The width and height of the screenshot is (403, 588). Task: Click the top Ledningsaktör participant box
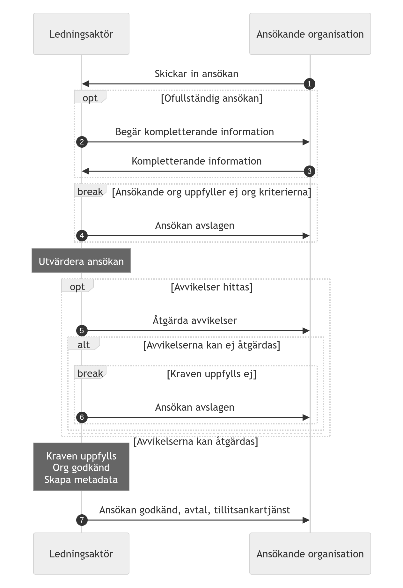81,34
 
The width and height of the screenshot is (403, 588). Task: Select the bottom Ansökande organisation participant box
310,554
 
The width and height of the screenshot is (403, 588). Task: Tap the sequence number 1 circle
310,84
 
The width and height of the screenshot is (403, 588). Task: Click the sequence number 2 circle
82,142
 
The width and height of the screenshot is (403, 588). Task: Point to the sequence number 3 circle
310,171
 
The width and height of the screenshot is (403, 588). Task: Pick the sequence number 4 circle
82,236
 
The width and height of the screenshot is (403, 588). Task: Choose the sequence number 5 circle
82,331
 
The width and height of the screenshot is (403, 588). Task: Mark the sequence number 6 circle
82,417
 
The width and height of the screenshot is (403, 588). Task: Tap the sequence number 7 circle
82,520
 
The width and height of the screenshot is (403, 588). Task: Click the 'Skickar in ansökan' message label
196,74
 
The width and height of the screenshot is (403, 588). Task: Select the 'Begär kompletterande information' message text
194,132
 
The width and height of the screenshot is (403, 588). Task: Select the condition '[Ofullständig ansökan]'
212,98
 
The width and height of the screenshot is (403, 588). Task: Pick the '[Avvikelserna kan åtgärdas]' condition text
196,442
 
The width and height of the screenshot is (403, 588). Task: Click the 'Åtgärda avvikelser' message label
194,320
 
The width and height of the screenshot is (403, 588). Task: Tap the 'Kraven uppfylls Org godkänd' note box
81,467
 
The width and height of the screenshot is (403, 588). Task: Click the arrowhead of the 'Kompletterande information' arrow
85,171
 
